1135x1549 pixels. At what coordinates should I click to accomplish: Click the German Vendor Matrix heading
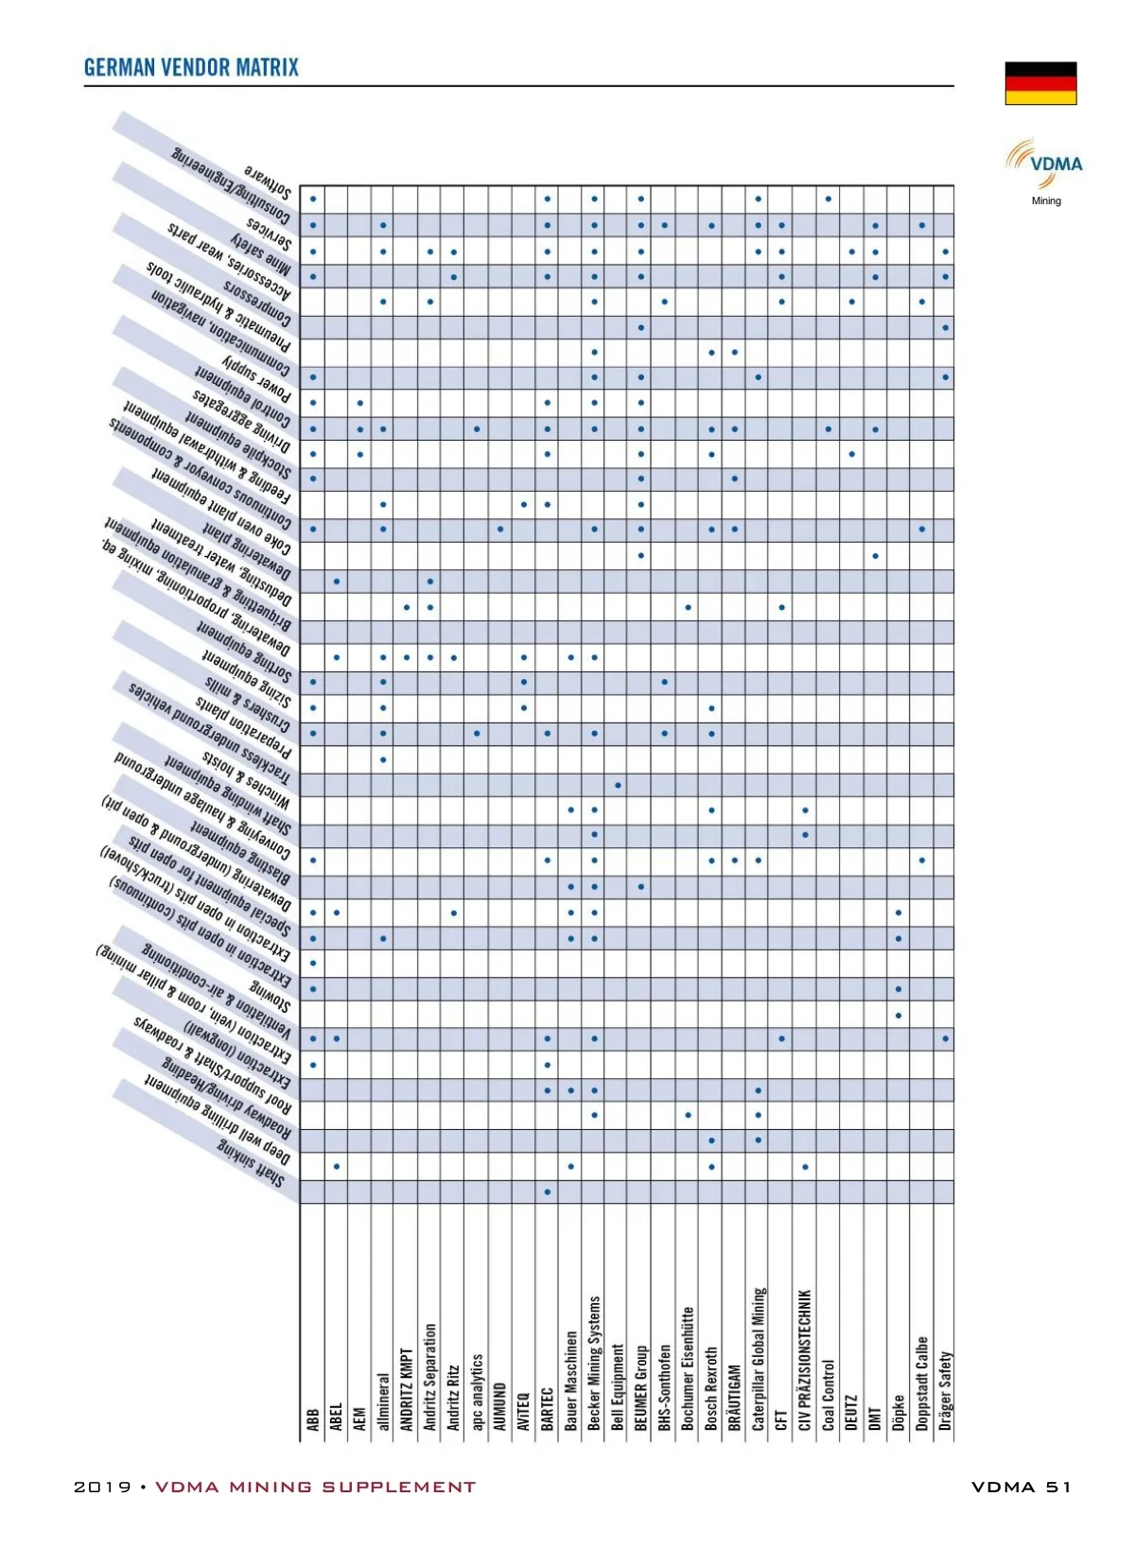191,67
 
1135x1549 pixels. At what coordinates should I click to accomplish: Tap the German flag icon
1040,83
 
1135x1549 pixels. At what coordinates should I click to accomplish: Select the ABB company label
313,1419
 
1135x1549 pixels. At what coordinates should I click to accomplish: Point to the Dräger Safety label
945,1390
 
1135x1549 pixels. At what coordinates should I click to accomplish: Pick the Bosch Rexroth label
711,1388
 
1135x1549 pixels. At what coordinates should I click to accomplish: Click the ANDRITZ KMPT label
407,1389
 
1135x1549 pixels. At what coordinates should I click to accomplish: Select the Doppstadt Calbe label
922,1383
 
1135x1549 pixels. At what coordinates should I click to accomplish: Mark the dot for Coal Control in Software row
829,199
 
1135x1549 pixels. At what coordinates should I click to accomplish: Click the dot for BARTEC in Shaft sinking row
548,1192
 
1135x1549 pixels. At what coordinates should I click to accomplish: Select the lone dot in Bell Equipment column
618,785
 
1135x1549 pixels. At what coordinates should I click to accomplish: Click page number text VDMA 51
1021,1487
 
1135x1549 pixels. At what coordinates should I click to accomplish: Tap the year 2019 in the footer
102,1487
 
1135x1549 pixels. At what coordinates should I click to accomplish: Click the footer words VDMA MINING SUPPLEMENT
315,1487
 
